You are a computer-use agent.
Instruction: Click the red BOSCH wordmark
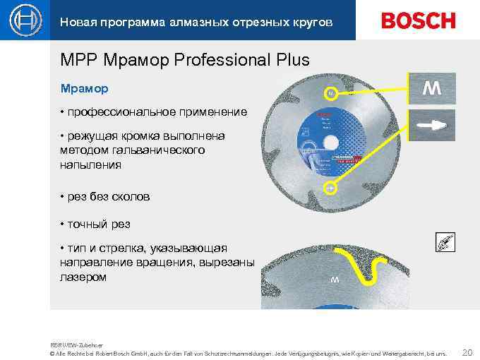click(x=419, y=21)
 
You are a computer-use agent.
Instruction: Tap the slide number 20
click(x=466, y=351)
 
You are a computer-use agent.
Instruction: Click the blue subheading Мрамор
click(x=85, y=90)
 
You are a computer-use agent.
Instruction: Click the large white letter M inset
click(x=432, y=90)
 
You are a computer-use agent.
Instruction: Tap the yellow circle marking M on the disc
click(x=329, y=93)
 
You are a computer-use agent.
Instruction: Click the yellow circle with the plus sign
click(x=329, y=188)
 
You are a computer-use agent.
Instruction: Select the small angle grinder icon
click(x=445, y=242)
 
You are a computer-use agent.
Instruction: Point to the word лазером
click(x=83, y=277)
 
